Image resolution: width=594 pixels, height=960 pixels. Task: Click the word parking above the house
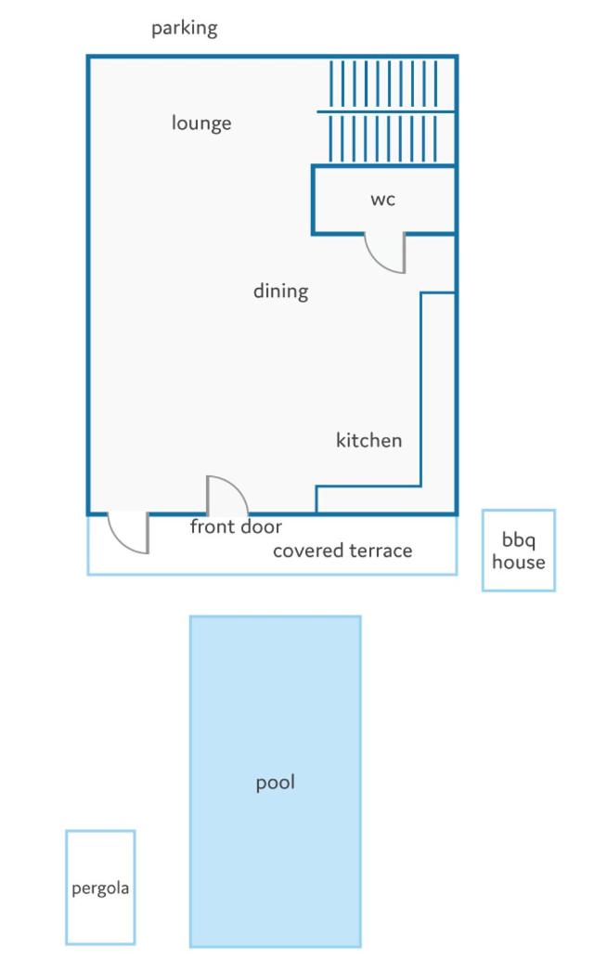coord(184,29)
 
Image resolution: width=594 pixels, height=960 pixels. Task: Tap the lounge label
coord(201,123)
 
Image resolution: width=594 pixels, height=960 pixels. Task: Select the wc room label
coord(383,200)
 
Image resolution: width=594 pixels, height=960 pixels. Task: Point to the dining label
coord(281,291)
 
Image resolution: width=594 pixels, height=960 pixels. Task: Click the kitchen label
coord(368,440)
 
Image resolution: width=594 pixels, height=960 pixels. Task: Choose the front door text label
coord(236,526)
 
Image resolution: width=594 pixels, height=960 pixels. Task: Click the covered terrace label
coord(342,551)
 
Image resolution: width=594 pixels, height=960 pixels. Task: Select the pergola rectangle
coord(66,888)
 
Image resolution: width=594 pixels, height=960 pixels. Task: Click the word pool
coord(276,783)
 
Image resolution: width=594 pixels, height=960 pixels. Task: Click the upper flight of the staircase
coord(383,84)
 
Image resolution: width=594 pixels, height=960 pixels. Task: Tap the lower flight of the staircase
coord(383,139)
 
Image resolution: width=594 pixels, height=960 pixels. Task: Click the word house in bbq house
coord(519,562)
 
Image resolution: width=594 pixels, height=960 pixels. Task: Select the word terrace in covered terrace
coord(378,551)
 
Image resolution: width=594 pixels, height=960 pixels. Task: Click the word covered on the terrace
coord(305,551)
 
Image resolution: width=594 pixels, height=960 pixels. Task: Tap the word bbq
coord(519,540)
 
